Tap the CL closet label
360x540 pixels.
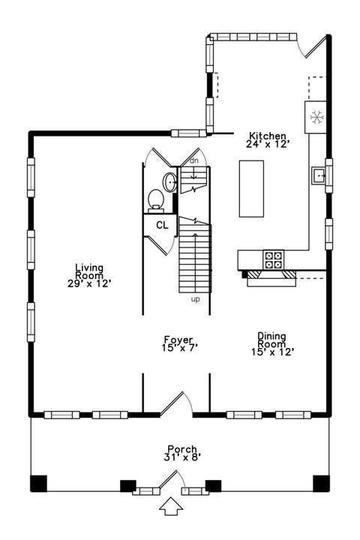click(x=162, y=225)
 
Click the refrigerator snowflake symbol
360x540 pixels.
click(x=316, y=118)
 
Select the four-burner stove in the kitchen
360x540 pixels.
click(x=274, y=259)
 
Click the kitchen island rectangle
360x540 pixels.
click(x=251, y=189)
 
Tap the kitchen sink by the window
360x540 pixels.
click(x=319, y=175)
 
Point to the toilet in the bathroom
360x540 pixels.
click(x=156, y=200)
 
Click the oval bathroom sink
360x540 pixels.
click(x=170, y=181)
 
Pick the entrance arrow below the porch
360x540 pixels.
click(x=171, y=506)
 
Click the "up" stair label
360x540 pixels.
click(x=195, y=299)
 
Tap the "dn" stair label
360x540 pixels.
click(x=194, y=160)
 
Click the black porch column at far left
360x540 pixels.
click(x=38, y=483)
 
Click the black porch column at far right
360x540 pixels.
click(x=321, y=483)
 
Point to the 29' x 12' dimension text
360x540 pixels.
click(x=89, y=283)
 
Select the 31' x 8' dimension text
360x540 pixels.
click(x=182, y=457)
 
